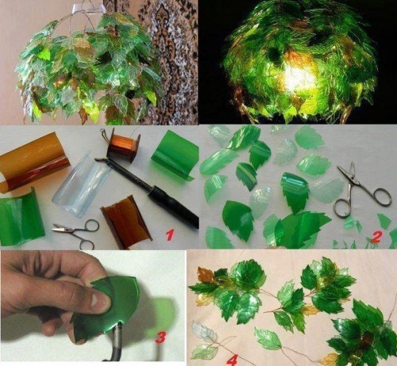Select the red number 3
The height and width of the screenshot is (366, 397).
161,337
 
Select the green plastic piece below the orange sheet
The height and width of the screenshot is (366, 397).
21,217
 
